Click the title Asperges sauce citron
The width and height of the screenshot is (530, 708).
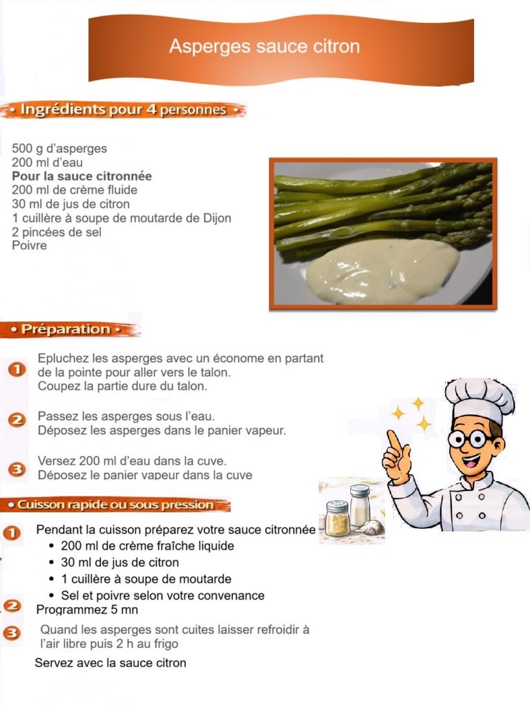tap(265, 46)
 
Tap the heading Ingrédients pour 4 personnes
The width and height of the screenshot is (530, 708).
tap(123, 110)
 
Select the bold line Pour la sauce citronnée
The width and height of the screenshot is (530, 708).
tap(82, 176)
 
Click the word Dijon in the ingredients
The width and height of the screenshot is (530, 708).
tap(217, 218)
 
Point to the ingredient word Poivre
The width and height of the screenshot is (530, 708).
tap(29, 245)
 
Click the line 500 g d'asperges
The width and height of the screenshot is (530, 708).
tap(59, 149)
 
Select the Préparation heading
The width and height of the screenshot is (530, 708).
tap(66, 329)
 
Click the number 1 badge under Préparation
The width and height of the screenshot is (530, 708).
tap(17, 369)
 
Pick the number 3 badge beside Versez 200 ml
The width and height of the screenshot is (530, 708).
tap(17, 469)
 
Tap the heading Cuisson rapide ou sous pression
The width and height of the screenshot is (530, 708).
tap(115, 505)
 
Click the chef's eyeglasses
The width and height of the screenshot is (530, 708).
tap(469, 438)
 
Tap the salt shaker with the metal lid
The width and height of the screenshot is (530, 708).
tap(360, 505)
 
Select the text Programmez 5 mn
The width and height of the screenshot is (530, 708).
tap(87, 610)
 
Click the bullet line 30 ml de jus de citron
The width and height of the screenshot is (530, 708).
tap(120, 563)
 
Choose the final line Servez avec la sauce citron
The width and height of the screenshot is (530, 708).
tap(111, 663)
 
